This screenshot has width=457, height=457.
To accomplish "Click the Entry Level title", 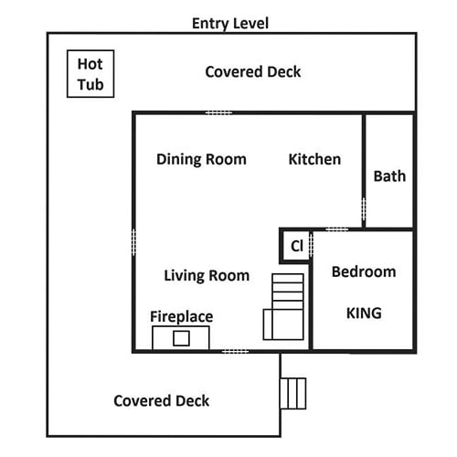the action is coord(230,24).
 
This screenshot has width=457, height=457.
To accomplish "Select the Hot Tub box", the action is coord(90,74).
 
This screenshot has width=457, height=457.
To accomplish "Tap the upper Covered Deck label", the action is coord(253,72).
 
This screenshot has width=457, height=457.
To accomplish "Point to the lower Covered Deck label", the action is coord(162,400).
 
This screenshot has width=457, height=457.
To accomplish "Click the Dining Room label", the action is coord(201,159).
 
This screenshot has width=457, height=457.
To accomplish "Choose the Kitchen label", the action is coord(314,159).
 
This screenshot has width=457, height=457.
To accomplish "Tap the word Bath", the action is coord(389,176).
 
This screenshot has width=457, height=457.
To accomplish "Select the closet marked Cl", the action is coord(295,246).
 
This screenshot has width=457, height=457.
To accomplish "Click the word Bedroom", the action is coord(364,271).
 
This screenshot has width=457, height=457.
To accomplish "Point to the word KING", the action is coord(364,313).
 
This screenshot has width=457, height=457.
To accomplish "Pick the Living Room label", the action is coord(207,275).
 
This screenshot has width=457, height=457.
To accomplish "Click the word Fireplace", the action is coord(182,316).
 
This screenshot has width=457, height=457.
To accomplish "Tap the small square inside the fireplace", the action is coord(181,338).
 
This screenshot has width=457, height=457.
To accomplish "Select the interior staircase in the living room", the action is coord(283,306).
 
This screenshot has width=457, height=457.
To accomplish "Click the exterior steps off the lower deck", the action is coord(293,393).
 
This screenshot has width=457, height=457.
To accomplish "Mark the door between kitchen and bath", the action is coord(364,209).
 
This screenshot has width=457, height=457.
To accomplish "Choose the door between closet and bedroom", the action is coord(311,245).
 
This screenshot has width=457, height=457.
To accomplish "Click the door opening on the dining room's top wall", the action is coord(218,112).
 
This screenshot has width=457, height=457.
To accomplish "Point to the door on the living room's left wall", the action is coord(133,242).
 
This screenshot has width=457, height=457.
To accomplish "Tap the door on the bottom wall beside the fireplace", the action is coord(235,352).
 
